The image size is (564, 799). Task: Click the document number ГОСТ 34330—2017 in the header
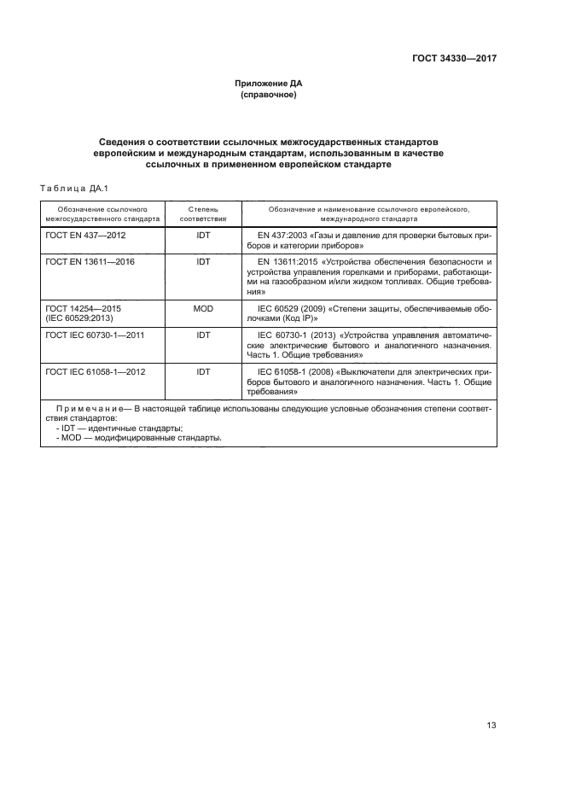pyautogui.click(x=449, y=59)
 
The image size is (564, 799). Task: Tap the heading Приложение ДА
pyautogui.click(x=269, y=84)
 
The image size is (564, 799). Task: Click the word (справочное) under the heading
pyautogui.click(x=269, y=95)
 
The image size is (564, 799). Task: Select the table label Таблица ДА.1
pyautogui.click(x=71, y=189)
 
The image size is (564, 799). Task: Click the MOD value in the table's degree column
pyautogui.click(x=203, y=306)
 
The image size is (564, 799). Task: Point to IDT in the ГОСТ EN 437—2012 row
pyautogui.click(x=203, y=233)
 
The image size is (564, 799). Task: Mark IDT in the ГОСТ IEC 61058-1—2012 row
pyautogui.click(x=203, y=372)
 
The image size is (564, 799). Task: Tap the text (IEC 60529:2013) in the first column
pyautogui.click(x=79, y=317)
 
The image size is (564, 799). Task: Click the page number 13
pyautogui.click(x=491, y=726)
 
